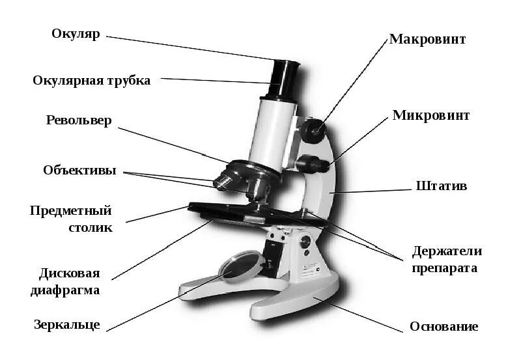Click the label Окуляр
pyautogui.click(x=76, y=34)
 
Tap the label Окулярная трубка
pyautogui.click(x=92, y=81)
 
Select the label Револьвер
pyautogui.click(x=79, y=121)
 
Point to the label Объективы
pyautogui.click(x=79, y=171)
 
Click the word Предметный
pyautogui.click(x=71, y=211)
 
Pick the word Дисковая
pyautogui.click(x=69, y=273)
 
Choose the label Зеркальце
pyautogui.click(x=67, y=324)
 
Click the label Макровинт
pyautogui.click(x=428, y=39)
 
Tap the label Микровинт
pyautogui.click(x=430, y=116)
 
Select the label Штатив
pyautogui.click(x=442, y=186)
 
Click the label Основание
pyautogui.click(x=444, y=326)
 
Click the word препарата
pyautogui.click(x=445, y=268)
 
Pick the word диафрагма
pyautogui.click(x=65, y=290)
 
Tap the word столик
pyautogui.click(x=91, y=227)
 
